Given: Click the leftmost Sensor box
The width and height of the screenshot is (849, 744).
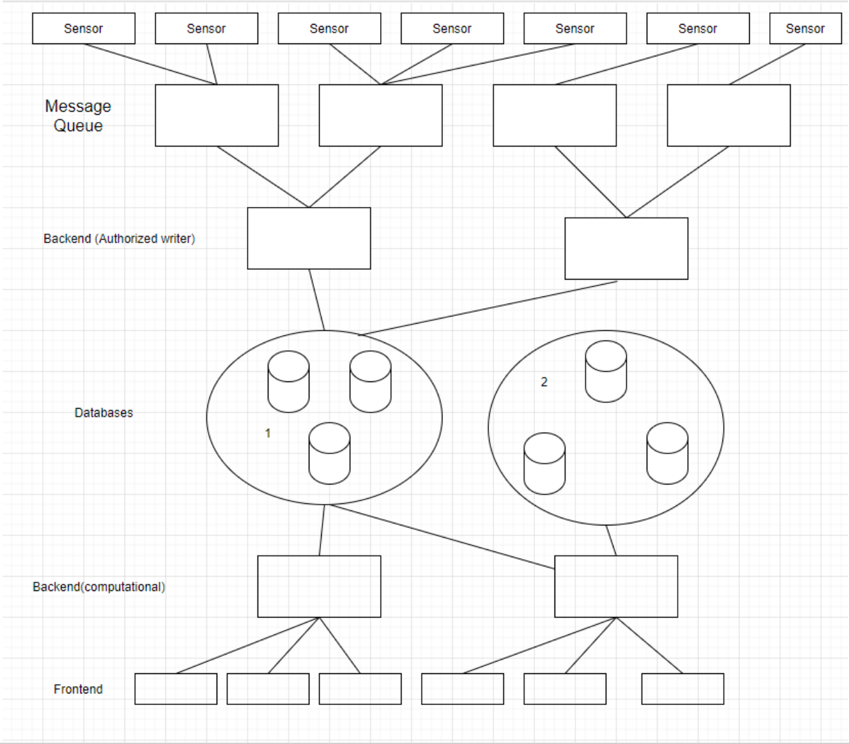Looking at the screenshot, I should tap(84, 29).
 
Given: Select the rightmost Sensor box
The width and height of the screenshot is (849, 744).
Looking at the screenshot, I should tap(805, 29).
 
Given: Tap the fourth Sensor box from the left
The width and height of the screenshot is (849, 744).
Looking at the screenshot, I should tap(452, 29).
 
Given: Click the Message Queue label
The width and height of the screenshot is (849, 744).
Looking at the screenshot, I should tap(78, 115).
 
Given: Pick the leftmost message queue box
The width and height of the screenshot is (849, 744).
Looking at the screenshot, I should tap(217, 115).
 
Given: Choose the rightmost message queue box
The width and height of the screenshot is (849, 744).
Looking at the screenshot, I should tap(728, 115).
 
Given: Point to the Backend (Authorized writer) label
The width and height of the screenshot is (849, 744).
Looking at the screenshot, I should tap(119, 239).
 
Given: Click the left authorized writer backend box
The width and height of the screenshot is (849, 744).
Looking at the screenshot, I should tap(309, 238).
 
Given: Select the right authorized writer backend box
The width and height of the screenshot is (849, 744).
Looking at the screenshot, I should tap(626, 248).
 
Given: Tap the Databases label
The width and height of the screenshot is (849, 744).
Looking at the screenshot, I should tap(104, 413).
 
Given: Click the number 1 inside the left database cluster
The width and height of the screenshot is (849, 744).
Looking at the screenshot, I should tap(268, 433).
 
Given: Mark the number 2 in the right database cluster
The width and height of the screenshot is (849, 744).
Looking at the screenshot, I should tap(544, 382).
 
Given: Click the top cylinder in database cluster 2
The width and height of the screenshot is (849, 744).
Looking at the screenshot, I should tap(606, 372).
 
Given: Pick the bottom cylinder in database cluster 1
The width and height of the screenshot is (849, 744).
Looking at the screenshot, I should tap(329, 453).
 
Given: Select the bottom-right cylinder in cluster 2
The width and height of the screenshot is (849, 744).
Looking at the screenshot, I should tap(667, 453).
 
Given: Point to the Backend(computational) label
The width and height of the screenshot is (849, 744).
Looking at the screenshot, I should tap(99, 587).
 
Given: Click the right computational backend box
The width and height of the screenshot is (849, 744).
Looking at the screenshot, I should tap(616, 586).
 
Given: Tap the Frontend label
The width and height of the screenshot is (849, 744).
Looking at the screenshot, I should tap(78, 689).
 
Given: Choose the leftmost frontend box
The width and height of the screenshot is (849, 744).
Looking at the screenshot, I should tap(176, 689).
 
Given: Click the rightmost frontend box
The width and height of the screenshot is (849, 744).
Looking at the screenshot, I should tap(682, 689).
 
